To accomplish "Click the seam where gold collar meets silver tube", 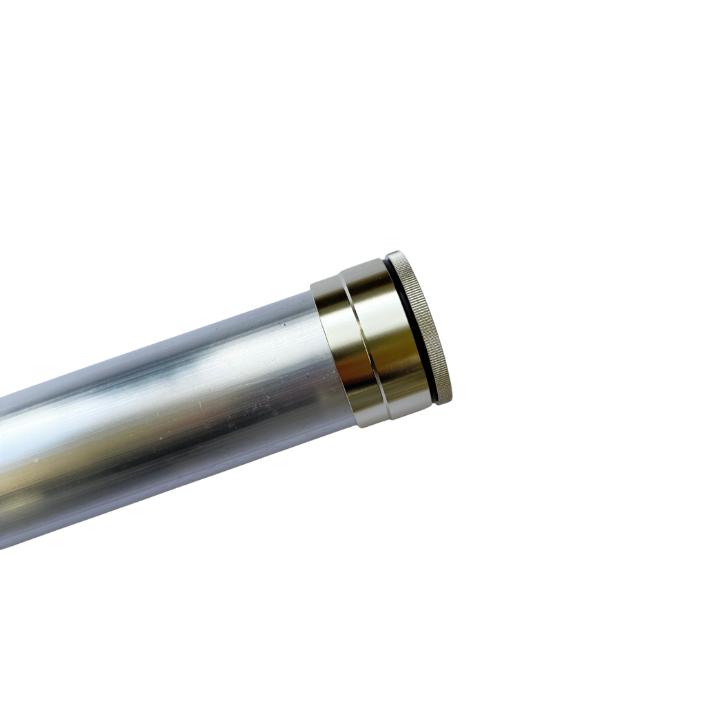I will (324, 358).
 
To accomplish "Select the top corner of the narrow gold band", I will (313, 283).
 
